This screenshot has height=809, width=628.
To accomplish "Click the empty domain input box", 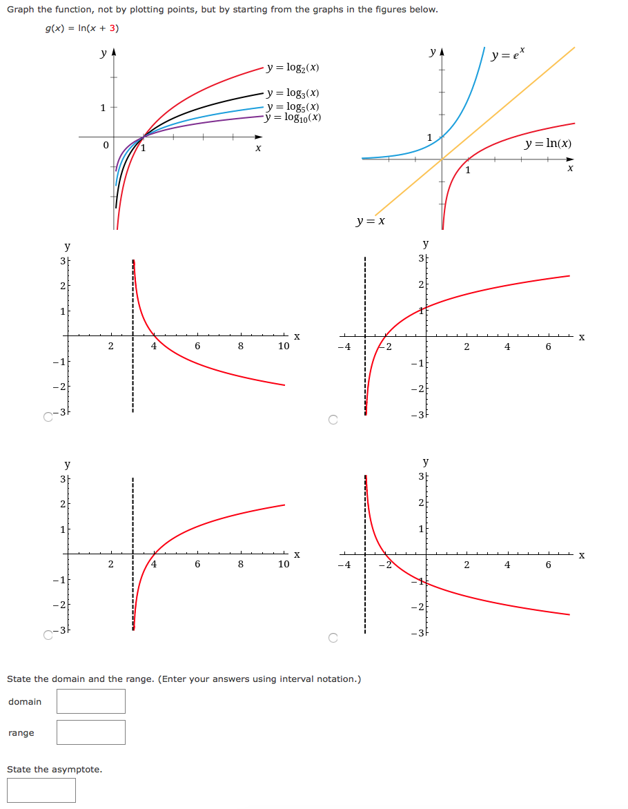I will [x=91, y=701].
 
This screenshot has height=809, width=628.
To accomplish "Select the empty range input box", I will [x=91, y=732].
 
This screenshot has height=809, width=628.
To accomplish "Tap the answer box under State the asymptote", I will [x=41, y=790].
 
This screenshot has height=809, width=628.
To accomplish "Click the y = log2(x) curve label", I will [x=293, y=68].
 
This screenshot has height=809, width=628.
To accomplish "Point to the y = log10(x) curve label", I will [x=293, y=117].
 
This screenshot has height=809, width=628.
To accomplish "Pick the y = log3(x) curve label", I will [x=293, y=93].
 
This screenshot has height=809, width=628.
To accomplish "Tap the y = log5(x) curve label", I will [x=293, y=106].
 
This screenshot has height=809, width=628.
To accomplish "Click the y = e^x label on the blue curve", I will [x=508, y=54].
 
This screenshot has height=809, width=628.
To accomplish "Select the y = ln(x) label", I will [x=548, y=144].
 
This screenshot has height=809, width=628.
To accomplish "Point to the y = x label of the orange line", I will [x=371, y=221].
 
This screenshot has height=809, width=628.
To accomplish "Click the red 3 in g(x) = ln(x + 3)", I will [x=114, y=28].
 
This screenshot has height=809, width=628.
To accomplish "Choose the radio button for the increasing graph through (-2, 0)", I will [x=333, y=419].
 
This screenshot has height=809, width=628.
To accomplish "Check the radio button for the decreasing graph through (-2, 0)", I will [x=333, y=638].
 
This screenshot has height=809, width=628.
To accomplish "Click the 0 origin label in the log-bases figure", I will [x=105, y=146].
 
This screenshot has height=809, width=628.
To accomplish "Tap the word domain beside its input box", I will [x=25, y=702].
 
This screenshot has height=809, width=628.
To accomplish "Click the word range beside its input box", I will [x=21, y=733].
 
